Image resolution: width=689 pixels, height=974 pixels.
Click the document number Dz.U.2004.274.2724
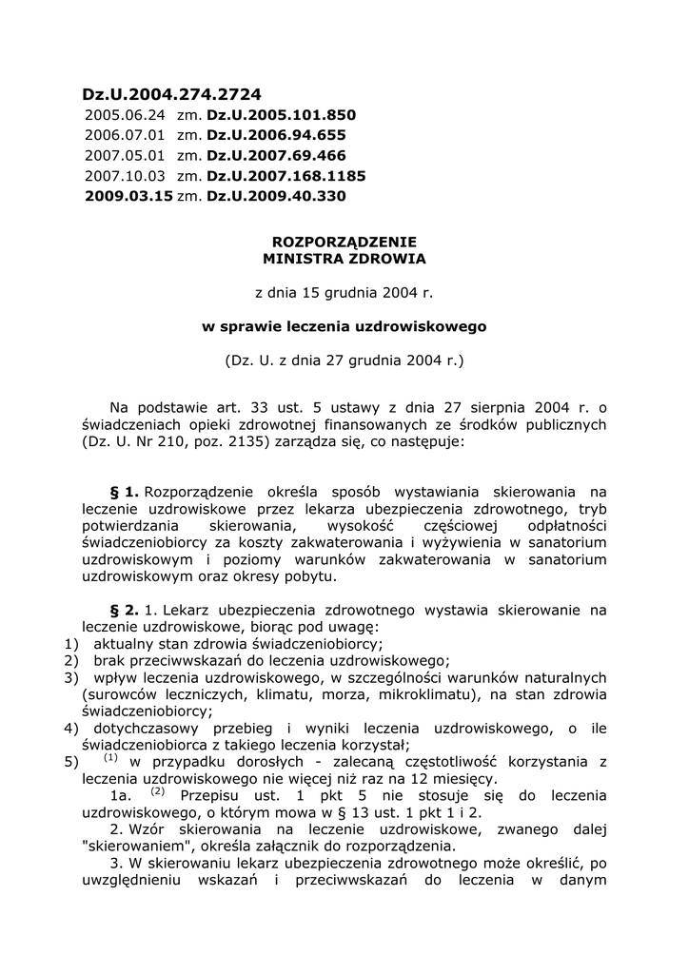click(171, 94)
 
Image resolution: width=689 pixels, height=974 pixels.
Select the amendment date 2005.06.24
click(124, 115)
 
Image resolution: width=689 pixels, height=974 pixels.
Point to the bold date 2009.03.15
click(128, 196)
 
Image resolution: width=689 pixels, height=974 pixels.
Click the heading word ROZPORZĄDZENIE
click(344, 242)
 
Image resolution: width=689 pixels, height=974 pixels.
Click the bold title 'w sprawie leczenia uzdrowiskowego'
click(344, 326)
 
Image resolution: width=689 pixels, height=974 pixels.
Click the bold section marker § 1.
click(125, 492)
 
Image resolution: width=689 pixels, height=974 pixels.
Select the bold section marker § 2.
click(125, 610)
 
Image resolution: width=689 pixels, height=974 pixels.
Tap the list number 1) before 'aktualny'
click(70, 644)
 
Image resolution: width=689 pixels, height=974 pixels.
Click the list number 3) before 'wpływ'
click(70, 678)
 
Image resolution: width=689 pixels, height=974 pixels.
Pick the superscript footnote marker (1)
click(110, 758)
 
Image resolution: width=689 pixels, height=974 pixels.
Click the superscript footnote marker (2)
click(158, 792)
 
